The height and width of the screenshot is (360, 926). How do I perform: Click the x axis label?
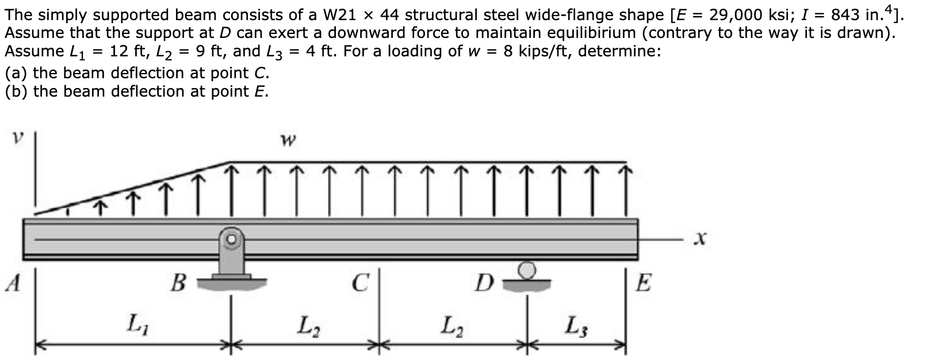coord(699,238)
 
